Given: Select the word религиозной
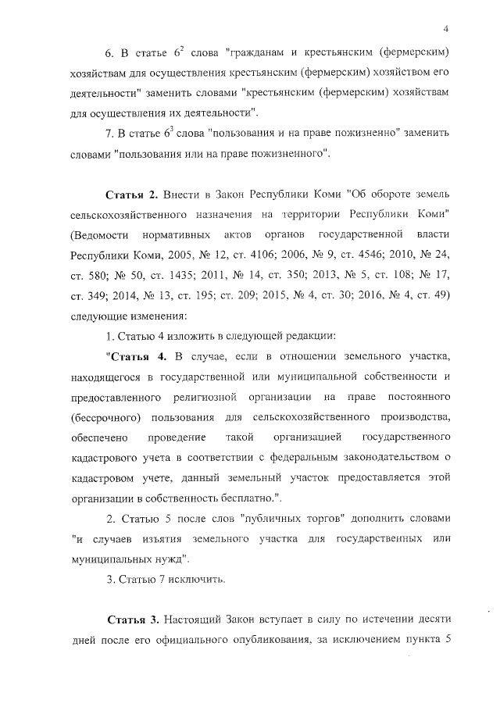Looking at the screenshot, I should pos(229,398).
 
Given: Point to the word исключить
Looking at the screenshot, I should pos(197,580).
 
